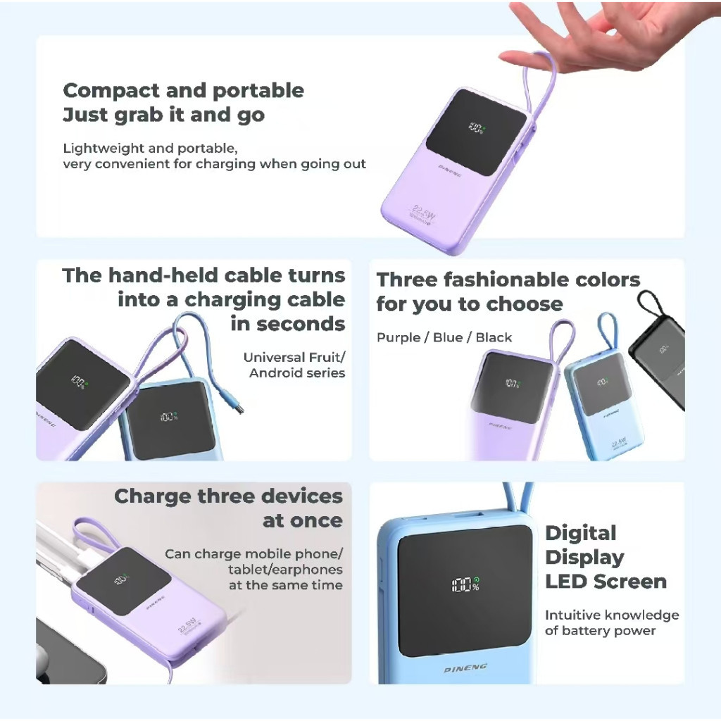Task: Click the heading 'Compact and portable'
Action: (184, 91)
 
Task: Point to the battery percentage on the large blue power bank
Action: (466, 584)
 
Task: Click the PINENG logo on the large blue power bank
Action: (465, 668)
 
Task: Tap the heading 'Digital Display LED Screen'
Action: (606, 558)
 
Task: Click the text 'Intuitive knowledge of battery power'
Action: (612, 622)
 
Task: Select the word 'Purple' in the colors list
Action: (399, 337)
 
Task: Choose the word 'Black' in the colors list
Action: (494, 337)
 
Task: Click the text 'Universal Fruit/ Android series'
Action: (294, 365)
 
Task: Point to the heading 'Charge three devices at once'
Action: (229, 508)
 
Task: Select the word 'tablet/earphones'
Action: (285, 570)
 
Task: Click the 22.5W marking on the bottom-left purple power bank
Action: (187, 625)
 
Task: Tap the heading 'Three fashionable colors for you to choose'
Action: (508, 291)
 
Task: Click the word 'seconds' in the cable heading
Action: (288, 324)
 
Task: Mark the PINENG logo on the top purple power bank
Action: (450, 171)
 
